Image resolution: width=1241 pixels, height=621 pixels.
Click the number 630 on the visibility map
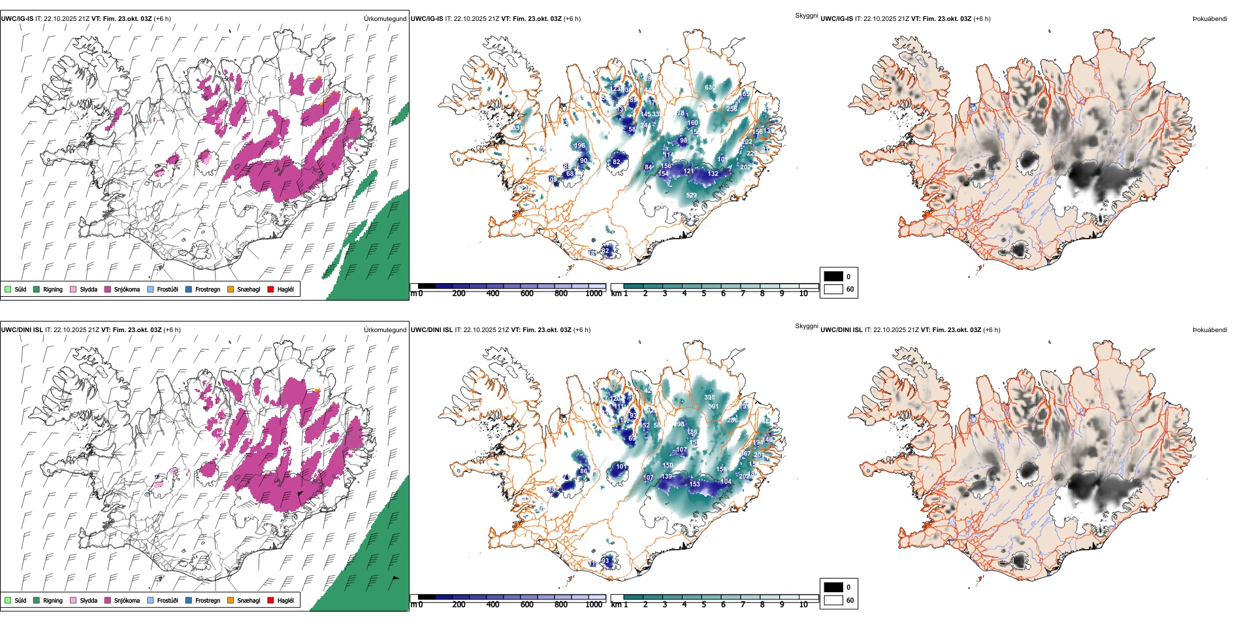pyautogui.click(x=710, y=88)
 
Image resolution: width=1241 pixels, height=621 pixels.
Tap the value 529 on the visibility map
pyautogui.click(x=691, y=195)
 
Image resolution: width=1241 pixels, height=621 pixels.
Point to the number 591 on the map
pyautogui.click(x=713, y=407)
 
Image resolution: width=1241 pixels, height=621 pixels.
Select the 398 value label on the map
pyautogui.click(x=709, y=397)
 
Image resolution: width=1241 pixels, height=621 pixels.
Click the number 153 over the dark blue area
pyautogui.click(x=695, y=484)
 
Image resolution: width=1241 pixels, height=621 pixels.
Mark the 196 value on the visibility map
pyautogui.click(x=579, y=146)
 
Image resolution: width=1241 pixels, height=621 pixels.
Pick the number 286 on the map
pyautogui.click(x=733, y=420)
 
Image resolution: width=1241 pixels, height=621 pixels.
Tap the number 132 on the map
pyautogui.click(x=713, y=174)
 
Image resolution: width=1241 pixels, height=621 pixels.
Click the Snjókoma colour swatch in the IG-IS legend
pyautogui.click(x=108, y=289)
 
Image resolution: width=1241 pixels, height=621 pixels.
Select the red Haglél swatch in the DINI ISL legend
pyautogui.click(x=271, y=600)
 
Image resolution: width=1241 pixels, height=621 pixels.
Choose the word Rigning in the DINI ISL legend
pyautogui.click(x=53, y=600)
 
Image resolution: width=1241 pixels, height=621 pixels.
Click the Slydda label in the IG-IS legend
pyautogui.click(x=89, y=289)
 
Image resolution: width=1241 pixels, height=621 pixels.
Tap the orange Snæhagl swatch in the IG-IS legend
pyautogui.click(x=231, y=289)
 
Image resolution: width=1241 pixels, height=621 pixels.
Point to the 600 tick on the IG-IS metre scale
pyautogui.click(x=527, y=294)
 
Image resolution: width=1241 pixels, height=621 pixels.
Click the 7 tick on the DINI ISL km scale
pyautogui.click(x=743, y=605)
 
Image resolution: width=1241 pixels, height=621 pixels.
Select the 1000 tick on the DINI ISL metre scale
pyautogui.click(x=594, y=605)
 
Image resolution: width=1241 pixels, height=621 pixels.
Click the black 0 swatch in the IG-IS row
pyautogui.click(x=833, y=276)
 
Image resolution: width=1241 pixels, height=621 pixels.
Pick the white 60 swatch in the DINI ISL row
pyautogui.click(x=833, y=599)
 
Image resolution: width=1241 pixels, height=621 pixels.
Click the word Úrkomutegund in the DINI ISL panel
pyautogui.click(x=385, y=329)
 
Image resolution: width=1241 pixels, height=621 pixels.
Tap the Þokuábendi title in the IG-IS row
pyautogui.click(x=1210, y=19)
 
